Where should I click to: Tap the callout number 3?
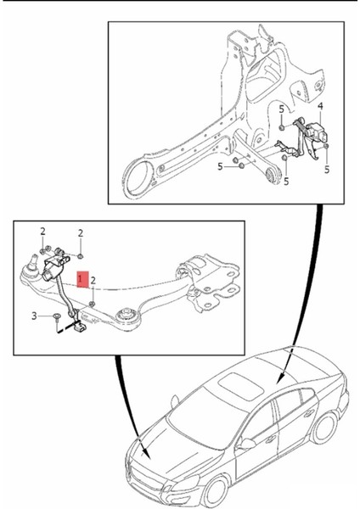pyautogui.click(x=34, y=316)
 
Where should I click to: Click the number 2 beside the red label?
pyautogui.click(x=93, y=280)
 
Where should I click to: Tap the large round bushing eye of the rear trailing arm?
pyautogui.click(x=137, y=181)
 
